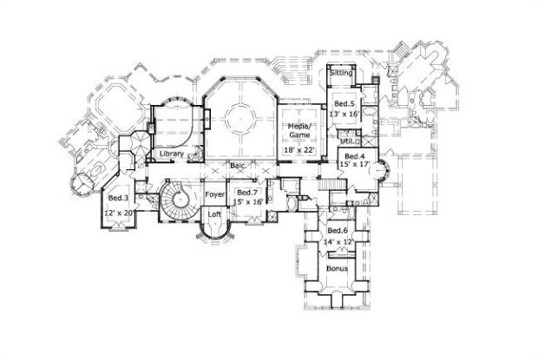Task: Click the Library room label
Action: pos(171,154)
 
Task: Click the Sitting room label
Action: pos(341,73)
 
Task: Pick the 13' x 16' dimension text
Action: pos(344,114)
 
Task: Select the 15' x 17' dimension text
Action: pos(356,166)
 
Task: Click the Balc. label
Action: pos(236,164)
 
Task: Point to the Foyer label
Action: pos(214,194)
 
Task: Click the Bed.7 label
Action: pos(247,193)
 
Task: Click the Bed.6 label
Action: pos(338,230)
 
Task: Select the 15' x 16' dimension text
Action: pos(247,202)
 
